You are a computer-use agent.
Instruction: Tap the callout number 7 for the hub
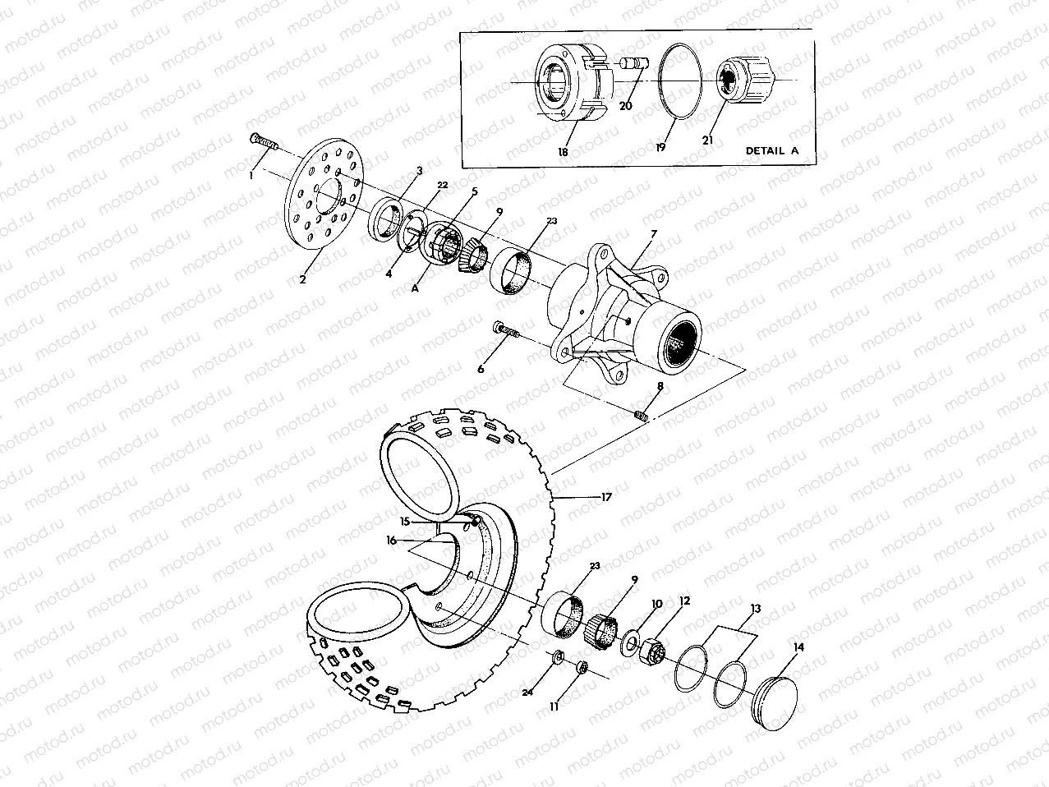coord(653,235)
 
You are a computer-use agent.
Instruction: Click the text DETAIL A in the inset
coord(771,150)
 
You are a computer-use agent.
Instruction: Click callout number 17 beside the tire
coord(606,496)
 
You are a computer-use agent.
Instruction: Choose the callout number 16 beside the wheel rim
coord(391,541)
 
